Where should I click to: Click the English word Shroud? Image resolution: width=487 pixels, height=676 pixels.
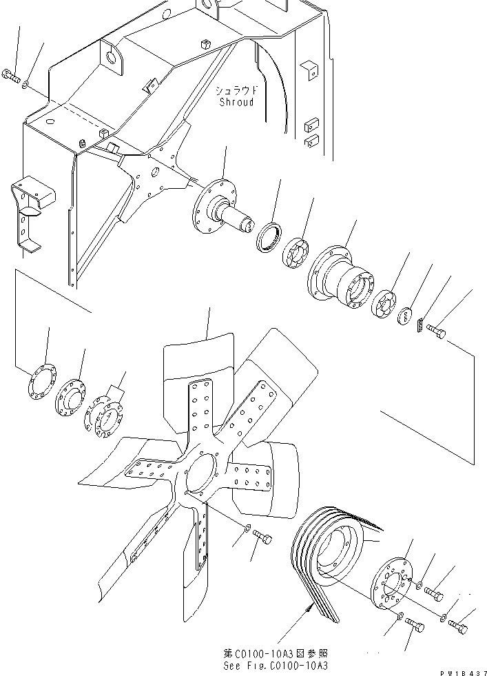point(236,103)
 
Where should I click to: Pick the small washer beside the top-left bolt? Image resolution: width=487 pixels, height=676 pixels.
point(25,85)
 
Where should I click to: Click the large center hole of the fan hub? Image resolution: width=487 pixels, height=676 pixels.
point(201,475)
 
